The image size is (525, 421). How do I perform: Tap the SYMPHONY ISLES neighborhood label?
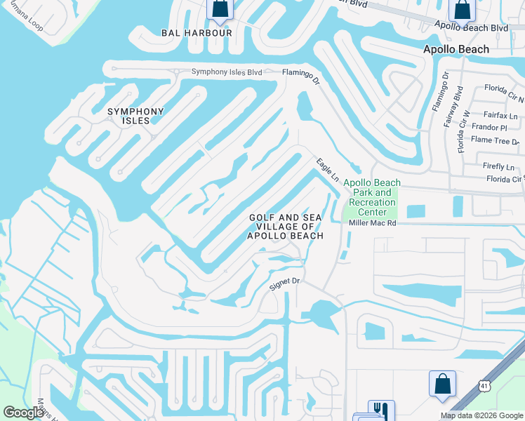point(135,116)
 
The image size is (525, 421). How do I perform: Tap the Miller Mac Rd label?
point(373,223)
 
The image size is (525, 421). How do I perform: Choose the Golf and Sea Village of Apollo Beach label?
point(286,227)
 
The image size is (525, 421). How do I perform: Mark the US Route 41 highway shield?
point(484,385)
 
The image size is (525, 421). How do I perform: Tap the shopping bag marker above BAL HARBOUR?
point(220,8)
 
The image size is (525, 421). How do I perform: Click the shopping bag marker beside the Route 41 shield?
point(442,384)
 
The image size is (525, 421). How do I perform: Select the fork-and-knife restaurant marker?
point(381,410)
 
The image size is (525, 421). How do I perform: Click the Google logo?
point(23,413)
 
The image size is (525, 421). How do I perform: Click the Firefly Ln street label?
point(498,166)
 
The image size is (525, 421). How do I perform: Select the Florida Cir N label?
point(504,90)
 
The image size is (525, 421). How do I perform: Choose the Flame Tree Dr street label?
point(495,140)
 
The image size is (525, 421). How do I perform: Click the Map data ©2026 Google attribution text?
point(481,415)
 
